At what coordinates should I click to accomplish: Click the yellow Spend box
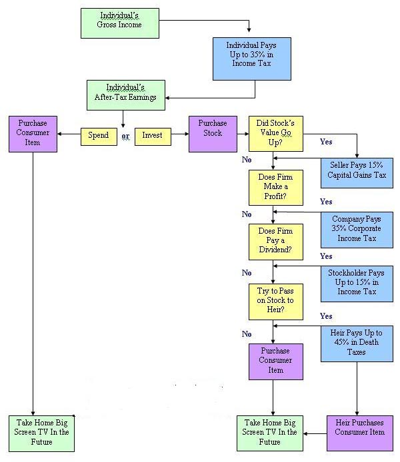click(98, 135)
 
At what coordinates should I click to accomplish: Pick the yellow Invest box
click(153, 135)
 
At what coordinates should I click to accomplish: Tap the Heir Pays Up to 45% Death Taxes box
click(357, 342)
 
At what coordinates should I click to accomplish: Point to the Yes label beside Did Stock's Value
click(327, 142)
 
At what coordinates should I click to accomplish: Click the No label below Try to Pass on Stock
click(247, 334)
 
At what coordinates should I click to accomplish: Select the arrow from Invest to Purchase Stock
click(179, 134)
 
